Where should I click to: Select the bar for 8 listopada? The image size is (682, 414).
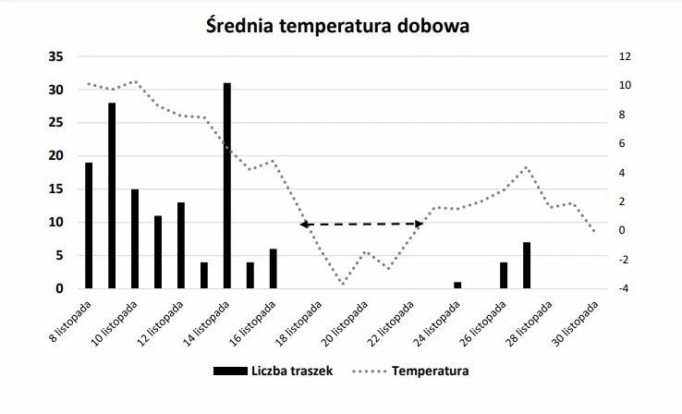tap(89, 225)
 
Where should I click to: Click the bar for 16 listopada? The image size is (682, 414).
tap(273, 268)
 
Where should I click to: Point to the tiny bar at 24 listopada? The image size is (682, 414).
tap(457, 285)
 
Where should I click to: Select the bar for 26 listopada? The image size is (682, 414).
tap(503, 275)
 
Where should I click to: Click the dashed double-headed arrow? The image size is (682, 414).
tap(360, 224)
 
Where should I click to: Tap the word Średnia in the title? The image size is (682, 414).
tap(242, 26)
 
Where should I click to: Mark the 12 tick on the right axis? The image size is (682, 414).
tap(625, 56)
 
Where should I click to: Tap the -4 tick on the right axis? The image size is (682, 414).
tap(625, 288)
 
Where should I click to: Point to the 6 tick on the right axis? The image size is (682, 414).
tap(625, 143)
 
